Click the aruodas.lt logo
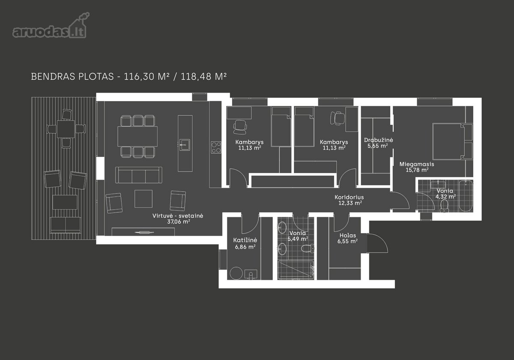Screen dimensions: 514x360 [51, 25]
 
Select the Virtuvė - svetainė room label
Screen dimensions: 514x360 [178, 216]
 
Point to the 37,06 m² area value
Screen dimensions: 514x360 [179, 222]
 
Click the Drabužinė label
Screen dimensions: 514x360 [378, 140]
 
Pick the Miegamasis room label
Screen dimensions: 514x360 [417, 165]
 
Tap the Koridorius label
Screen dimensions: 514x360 [349, 197]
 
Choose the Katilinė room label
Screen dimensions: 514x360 [245, 240]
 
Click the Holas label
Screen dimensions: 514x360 [348, 235]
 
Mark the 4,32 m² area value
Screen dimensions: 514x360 [445, 197]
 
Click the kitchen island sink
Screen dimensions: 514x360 [185, 145]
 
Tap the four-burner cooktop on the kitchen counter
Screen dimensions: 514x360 [216, 147]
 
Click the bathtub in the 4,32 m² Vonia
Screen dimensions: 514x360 [466, 196]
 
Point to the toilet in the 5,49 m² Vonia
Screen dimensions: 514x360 [308, 248]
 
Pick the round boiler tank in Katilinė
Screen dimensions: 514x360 [236, 273]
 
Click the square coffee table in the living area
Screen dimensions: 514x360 [143, 198]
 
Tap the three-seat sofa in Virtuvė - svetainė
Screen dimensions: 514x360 [139, 175]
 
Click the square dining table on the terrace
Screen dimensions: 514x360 [66, 129]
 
